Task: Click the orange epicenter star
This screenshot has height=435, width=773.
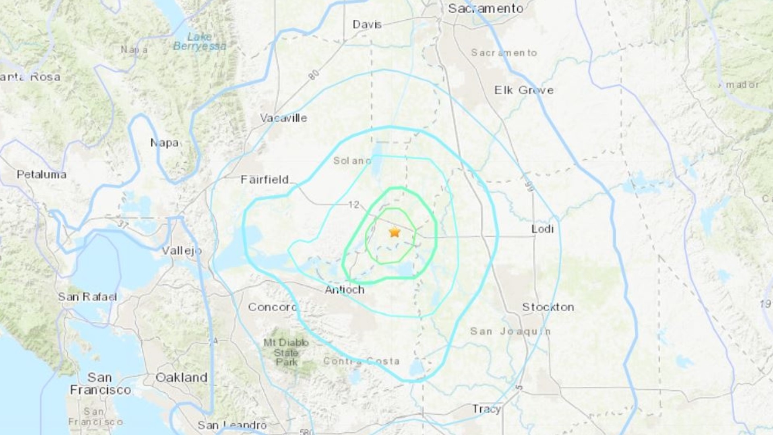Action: [395, 232]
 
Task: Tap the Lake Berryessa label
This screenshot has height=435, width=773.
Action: [200, 41]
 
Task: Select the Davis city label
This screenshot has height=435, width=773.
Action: [367, 25]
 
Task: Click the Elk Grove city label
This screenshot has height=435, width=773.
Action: [524, 90]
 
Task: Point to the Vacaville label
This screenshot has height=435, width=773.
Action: [283, 118]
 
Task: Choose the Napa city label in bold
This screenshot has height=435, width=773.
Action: [164, 143]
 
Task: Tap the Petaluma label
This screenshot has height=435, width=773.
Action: [41, 174]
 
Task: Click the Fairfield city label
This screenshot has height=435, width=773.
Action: [265, 180]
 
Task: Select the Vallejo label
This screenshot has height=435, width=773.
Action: [182, 251]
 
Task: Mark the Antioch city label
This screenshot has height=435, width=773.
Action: [345, 290]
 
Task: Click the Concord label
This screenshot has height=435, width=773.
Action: [272, 307]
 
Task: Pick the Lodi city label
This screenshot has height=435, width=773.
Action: [542, 229]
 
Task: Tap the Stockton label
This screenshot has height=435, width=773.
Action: [548, 307]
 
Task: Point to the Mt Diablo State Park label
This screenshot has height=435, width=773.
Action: [286, 352]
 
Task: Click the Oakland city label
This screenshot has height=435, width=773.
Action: [181, 377]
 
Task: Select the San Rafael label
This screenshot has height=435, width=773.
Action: [87, 297]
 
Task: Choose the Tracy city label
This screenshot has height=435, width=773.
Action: [486, 409]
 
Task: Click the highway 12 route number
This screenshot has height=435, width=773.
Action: [353, 205]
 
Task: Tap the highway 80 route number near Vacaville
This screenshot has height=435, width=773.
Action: [314, 75]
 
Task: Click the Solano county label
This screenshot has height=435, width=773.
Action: [352, 161]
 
